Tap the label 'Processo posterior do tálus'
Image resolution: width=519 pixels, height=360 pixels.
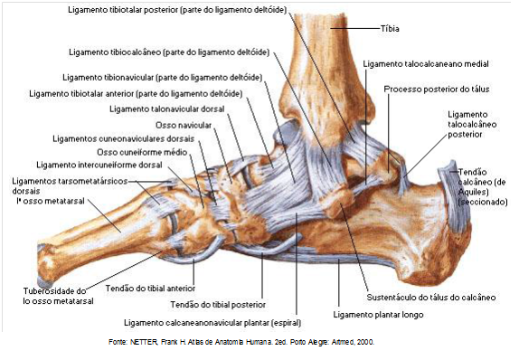pos(437,90)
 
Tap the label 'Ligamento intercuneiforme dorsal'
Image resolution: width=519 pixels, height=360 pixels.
pos(99,165)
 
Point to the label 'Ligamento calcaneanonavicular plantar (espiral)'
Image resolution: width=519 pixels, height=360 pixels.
pos(213,322)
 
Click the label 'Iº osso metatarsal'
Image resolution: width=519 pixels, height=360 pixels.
pos(44,201)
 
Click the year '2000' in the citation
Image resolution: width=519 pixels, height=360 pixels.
pos(363,344)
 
